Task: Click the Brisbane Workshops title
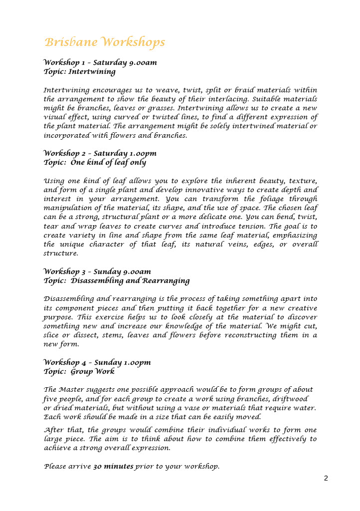105,42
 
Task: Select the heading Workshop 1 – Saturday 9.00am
100,62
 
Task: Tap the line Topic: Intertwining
80,71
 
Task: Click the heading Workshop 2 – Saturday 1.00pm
100,153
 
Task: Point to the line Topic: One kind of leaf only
95,162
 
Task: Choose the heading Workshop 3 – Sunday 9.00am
97,271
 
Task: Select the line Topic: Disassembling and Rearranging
117,280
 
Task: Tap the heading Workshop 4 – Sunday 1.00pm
97,362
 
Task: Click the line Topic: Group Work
79,371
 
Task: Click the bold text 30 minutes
113,467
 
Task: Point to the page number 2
326,478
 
